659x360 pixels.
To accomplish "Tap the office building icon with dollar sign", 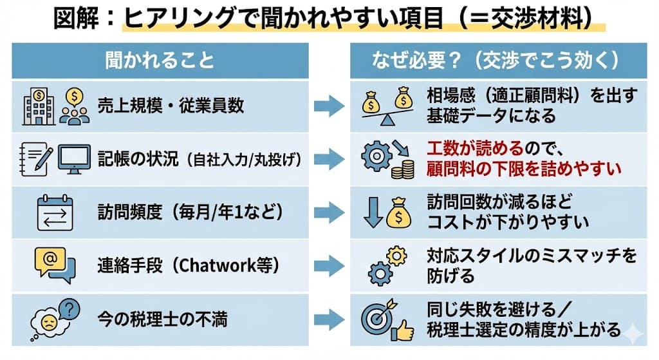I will (37, 105).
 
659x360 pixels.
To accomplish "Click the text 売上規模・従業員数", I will (171, 106).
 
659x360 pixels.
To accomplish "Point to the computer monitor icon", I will (76, 158).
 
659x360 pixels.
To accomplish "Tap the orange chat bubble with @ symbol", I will (50, 261).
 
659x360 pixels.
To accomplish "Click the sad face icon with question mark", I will (55, 316).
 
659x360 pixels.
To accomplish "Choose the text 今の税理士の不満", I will (162, 318).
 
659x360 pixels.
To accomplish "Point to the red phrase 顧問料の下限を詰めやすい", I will (523, 169).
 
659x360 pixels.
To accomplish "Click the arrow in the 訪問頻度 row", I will (329, 213).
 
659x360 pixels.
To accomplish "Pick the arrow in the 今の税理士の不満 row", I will (329, 318).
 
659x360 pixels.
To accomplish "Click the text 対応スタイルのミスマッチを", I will (531, 256).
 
